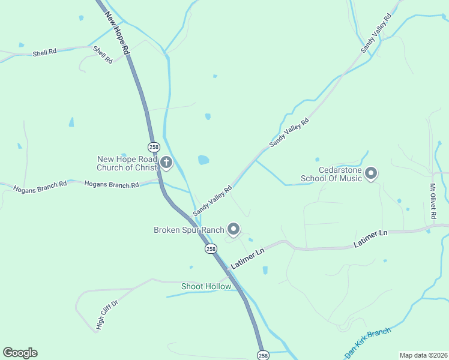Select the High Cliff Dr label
[x=107, y=315]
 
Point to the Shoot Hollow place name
[x=206, y=286]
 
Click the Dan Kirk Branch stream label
[x=368, y=342]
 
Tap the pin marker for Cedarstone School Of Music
[x=370, y=174]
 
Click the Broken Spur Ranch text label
[x=188, y=230]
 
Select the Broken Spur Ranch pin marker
[x=234, y=229]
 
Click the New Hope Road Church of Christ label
[x=127, y=163]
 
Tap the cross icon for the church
[x=166, y=162]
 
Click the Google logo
[x=20, y=352]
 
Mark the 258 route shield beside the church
[x=154, y=146]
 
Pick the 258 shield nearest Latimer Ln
[x=210, y=248]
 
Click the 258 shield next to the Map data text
[x=262, y=355]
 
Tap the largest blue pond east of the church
[x=203, y=160]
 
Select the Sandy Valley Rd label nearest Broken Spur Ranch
[x=212, y=201]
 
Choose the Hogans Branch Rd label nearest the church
[x=112, y=185]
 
